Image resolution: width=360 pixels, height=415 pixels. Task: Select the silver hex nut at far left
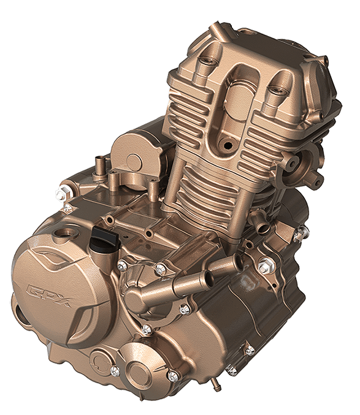[61, 194]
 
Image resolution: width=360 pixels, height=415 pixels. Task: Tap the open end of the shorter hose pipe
[239, 262]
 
